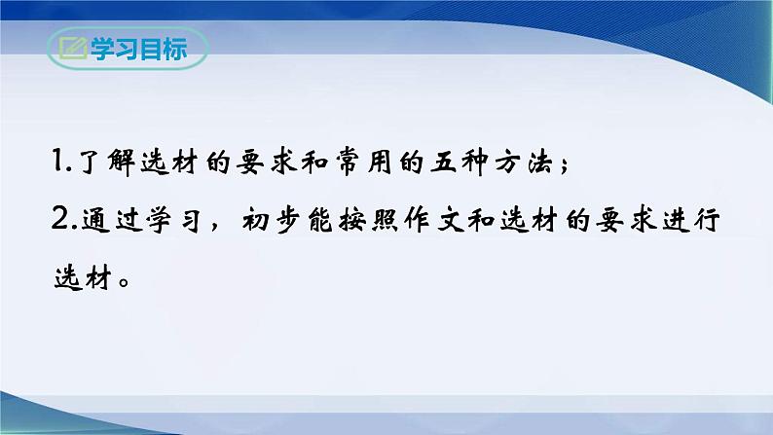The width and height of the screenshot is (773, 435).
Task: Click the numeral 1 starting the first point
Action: pyautogui.click(x=57, y=163)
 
